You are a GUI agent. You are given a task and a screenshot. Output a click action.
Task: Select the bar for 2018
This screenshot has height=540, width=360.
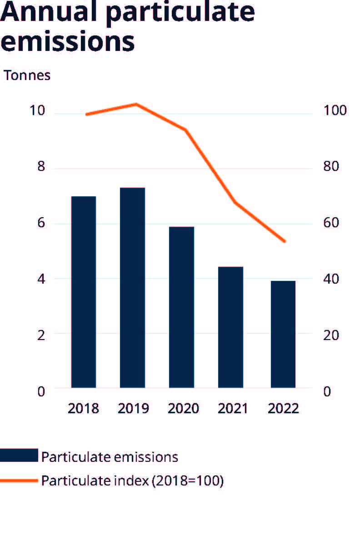click(x=84, y=292)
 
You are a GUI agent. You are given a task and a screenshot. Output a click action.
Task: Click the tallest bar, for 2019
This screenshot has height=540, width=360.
click(x=132, y=287)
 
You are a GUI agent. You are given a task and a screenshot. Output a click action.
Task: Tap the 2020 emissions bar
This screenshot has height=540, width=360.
click(x=181, y=307)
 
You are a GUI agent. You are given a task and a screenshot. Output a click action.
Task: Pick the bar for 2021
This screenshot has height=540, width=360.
click(x=230, y=327)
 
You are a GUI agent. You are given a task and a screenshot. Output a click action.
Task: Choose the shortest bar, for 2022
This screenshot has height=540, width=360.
click(x=283, y=334)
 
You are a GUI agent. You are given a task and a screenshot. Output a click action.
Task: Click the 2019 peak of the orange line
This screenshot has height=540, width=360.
click(x=136, y=104)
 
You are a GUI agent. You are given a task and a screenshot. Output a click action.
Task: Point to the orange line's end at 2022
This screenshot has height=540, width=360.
click(x=285, y=241)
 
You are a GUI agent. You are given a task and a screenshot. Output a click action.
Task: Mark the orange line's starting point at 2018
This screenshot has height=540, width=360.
click(x=86, y=114)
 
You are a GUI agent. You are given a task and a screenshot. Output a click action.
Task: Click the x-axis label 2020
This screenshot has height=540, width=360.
click(x=183, y=408)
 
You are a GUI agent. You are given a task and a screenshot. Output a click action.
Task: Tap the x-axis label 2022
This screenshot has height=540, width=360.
click(x=283, y=408)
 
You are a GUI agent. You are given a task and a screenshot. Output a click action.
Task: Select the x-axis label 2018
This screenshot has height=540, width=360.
click(x=83, y=408)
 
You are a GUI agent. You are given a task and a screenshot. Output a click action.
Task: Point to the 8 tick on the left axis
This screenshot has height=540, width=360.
click(x=41, y=167)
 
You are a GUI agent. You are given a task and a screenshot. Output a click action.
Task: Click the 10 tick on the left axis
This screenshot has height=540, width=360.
click(x=38, y=111)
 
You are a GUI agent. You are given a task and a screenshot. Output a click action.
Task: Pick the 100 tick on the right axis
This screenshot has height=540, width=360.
click(x=334, y=111)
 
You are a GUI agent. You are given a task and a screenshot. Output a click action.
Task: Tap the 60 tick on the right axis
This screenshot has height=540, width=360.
click(x=331, y=223)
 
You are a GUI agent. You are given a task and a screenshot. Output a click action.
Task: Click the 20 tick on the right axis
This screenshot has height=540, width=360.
click(x=331, y=335)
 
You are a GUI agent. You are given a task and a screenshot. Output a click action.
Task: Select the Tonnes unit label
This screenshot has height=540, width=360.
click(x=27, y=75)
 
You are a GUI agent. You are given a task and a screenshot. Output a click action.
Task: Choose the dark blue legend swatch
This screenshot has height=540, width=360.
click(x=19, y=455)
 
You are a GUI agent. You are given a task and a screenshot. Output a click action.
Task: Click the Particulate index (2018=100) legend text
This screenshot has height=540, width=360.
click(x=132, y=480)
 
